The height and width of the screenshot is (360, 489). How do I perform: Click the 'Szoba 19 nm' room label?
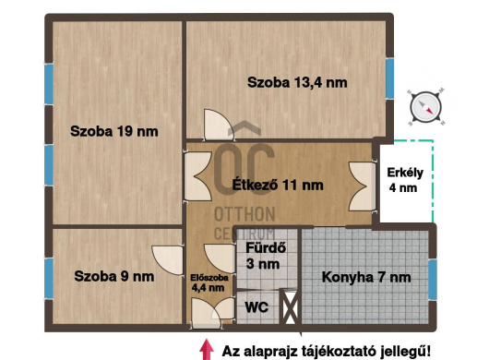click(x=114, y=131)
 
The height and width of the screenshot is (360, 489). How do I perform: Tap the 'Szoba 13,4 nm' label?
click(x=297, y=82)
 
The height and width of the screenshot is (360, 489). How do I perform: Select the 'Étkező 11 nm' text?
click(x=279, y=185)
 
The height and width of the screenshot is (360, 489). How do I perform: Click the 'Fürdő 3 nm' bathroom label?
click(x=262, y=255)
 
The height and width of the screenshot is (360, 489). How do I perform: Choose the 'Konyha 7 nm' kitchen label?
click(x=366, y=276)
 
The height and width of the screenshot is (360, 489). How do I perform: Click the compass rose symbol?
click(x=426, y=105)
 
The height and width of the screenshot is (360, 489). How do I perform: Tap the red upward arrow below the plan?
click(x=205, y=348)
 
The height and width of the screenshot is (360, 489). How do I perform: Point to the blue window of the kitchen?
click(x=432, y=278)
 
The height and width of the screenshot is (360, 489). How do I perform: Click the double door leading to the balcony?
click(x=361, y=180)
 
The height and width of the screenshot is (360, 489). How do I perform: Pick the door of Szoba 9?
click(x=169, y=258)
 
